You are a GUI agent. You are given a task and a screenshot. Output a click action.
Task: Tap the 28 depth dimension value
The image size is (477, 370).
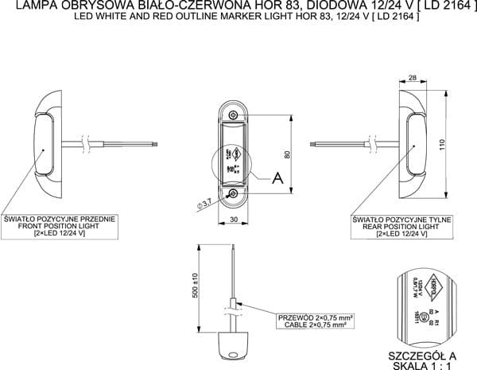[413, 77]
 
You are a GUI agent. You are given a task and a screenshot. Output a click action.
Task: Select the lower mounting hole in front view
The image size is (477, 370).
[233, 194]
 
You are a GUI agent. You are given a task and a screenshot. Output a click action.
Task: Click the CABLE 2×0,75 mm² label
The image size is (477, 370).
[314, 325]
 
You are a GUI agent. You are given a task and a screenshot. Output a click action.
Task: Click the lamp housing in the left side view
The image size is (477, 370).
[46, 144]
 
